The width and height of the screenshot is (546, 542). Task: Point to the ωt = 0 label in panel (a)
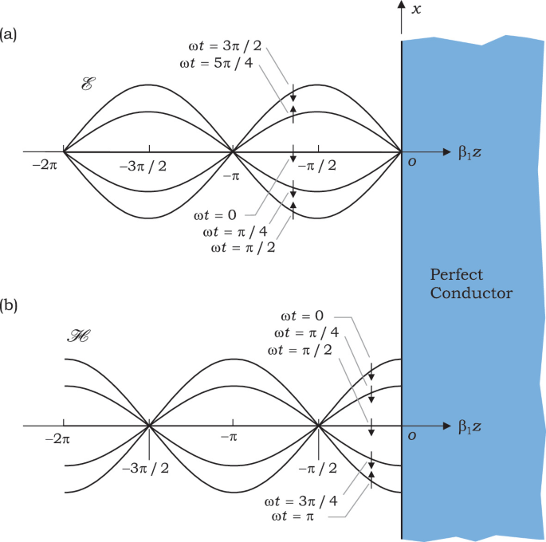tap(215, 215)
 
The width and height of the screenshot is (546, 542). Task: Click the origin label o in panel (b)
tap(411, 435)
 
